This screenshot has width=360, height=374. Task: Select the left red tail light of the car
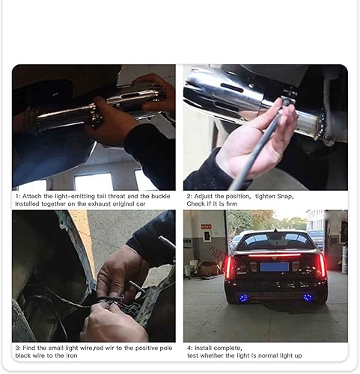(231, 266)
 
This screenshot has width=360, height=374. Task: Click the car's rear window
(275, 241)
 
